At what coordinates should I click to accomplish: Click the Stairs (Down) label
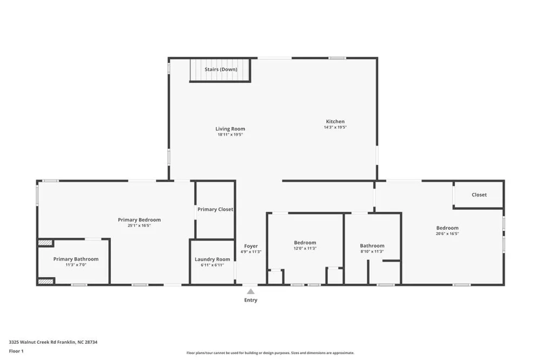[221, 69]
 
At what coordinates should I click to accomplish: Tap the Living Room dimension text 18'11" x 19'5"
[230, 135]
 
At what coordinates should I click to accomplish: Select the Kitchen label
[335, 122]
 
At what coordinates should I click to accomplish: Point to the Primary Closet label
[215, 209]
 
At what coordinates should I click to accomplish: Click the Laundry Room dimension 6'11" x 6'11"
[212, 265]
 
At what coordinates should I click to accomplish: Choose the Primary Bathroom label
[76, 259]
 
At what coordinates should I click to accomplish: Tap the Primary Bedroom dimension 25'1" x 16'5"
[140, 225]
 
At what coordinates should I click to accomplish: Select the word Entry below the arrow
[251, 300]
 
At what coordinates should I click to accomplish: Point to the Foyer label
[251, 246]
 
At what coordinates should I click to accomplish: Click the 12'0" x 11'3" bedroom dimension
[305, 248]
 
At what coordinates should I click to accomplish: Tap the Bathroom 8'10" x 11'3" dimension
[372, 251]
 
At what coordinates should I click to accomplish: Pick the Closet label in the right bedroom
[479, 195]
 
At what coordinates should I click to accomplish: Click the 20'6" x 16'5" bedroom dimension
[447, 234]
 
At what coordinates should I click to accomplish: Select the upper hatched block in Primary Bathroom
[45, 243]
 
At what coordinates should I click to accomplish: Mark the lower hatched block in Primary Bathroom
[45, 282]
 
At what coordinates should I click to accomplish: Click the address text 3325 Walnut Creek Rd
[33, 342]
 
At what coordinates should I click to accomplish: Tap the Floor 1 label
[16, 351]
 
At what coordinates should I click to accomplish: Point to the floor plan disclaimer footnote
[270, 353]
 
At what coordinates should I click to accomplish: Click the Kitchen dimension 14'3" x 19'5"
[335, 127]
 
